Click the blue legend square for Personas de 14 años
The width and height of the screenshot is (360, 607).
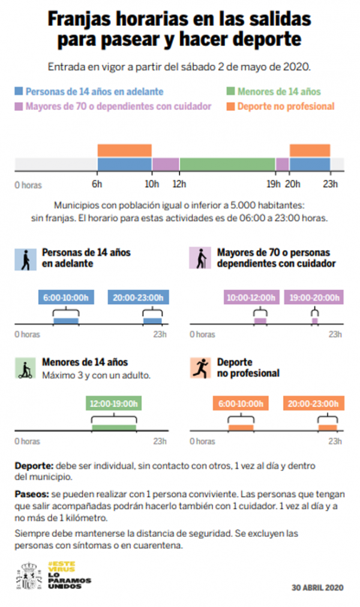pyautogui.click(x=19, y=92)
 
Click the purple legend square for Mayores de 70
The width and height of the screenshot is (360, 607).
pyautogui.click(x=19, y=106)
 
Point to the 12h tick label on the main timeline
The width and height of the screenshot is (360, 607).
pyautogui.click(x=179, y=184)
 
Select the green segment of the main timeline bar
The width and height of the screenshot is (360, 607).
pyautogui.click(x=227, y=164)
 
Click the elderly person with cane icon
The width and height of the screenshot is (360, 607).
pyautogui.click(x=199, y=259)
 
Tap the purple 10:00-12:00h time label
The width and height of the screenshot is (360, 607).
pyautogui.click(x=251, y=297)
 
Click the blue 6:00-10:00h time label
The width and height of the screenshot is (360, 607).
pyautogui.click(x=65, y=297)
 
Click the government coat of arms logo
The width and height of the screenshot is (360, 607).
pyautogui.click(x=29, y=576)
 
